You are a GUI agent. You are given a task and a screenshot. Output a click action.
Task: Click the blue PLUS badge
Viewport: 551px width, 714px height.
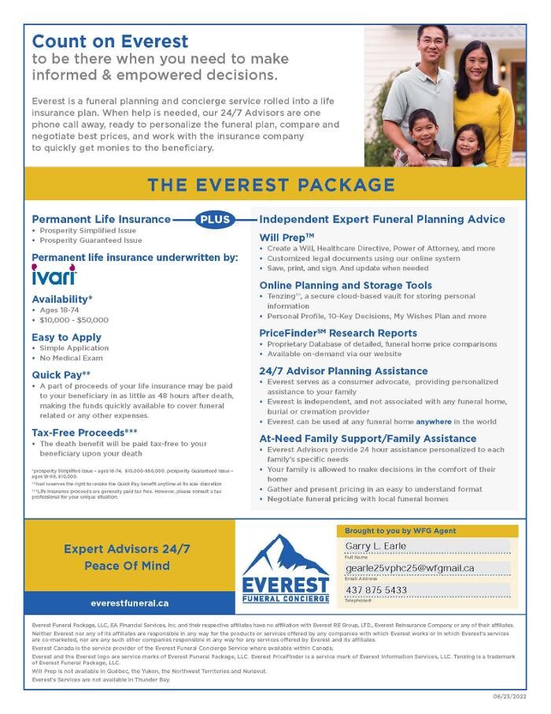point(215,220)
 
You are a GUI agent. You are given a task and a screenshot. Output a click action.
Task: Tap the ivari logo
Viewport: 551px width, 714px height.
point(54,277)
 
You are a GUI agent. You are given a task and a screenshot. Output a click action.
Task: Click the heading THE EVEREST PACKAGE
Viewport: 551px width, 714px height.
point(272,185)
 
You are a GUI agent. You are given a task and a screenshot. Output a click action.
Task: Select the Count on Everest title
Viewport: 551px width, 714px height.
point(110,41)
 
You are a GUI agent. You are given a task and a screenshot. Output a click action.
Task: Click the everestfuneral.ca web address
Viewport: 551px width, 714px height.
point(129,603)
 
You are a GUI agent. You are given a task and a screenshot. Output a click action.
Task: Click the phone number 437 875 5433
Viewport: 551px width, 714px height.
point(376,589)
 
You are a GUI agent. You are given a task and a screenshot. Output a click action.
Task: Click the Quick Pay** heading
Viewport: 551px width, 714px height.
point(61,374)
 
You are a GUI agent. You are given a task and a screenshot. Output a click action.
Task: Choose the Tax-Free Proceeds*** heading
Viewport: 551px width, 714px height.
point(84,433)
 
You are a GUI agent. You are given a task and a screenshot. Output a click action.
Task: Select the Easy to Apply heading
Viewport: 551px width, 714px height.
point(67,337)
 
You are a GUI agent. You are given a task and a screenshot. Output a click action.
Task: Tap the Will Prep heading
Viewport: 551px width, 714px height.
point(287,236)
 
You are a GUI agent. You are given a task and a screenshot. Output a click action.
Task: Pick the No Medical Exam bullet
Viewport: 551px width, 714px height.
point(74,359)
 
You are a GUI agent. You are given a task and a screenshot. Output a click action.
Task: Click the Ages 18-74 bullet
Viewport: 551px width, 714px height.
point(63,310)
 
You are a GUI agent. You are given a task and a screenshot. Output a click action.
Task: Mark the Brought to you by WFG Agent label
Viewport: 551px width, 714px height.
point(400,531)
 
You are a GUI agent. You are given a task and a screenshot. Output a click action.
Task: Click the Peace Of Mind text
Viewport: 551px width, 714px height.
point(127,566)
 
